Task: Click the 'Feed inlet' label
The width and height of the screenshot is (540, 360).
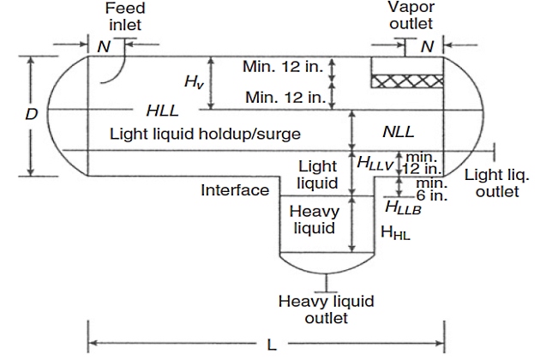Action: coord(125,16)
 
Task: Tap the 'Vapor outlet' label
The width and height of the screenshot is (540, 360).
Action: coord(411,16)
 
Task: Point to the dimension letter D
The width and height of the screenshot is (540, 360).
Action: coord(31,112)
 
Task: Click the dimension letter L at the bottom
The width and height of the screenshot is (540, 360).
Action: coord(272,345)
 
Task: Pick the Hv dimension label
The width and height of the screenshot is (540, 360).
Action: coord(194,81)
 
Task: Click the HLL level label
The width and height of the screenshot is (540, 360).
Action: coord(163,111)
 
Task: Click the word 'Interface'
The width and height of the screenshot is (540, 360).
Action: coord(235,190)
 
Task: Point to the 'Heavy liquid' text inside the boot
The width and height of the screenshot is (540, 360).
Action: coord(315,219)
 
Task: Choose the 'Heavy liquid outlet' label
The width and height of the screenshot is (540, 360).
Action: coord(315,309)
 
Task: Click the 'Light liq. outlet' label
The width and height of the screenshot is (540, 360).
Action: coord(497,183)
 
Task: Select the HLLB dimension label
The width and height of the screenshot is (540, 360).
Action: coord(403,207)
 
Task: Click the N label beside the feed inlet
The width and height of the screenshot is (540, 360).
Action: coord(103,47)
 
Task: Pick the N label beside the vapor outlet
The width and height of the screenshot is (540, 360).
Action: coord(426,47)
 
